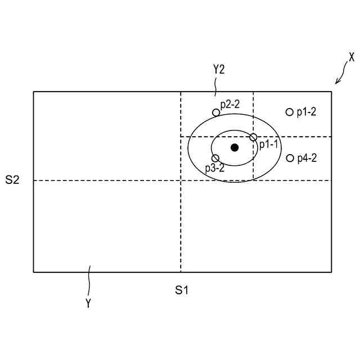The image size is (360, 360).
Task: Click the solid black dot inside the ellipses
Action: click(x=235, y=147)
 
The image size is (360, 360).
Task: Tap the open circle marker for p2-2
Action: click(x=216, y=112)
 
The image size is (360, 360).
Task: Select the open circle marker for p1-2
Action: click(x=290, y=112)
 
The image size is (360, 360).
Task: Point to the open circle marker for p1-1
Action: click(x=253, y=137)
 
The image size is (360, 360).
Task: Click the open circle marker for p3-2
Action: click(x=215, y=158)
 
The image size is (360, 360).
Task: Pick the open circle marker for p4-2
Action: click(x=290, y=158)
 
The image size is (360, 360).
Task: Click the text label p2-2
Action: click(x=230, y=104)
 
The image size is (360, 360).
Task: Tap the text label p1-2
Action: click(x=307, y=112)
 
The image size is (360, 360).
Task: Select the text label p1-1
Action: click(x=268, y=145)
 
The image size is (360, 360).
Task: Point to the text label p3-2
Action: click(x=215, y=168)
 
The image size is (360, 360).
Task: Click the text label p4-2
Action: click(x=307, y=158)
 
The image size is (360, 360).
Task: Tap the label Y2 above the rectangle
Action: click(x=219, y=70)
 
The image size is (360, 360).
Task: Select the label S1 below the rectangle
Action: click(x=181, y=290)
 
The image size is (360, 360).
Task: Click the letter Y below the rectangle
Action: click(x=88, y=303)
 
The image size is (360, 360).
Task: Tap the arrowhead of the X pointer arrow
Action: click(x=336, y=83)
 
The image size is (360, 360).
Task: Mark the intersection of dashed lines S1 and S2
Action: click(x=181, y=181)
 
